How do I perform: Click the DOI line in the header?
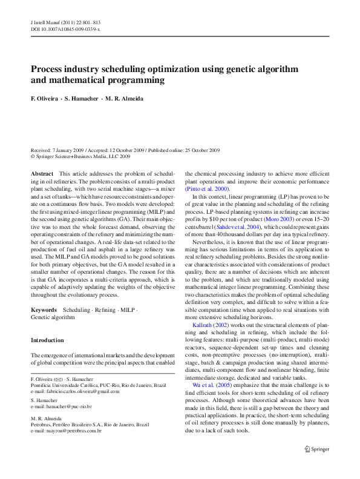[x=65, y=29]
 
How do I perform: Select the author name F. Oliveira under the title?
[x=44, y=98]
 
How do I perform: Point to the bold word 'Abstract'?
[x=42, y=174]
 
